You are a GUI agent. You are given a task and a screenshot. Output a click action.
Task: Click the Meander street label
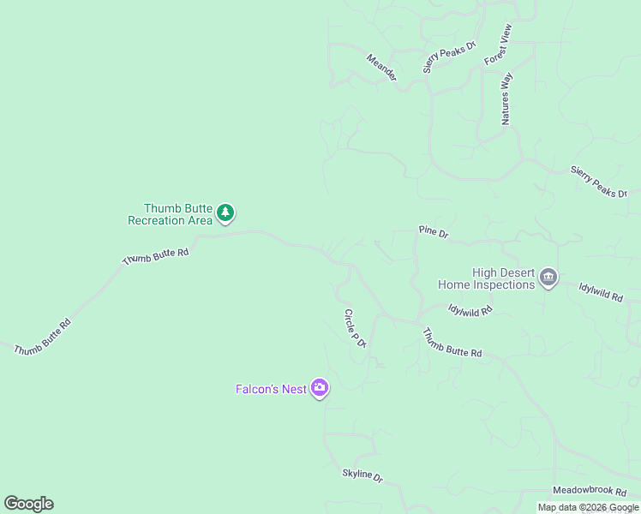click(x=382, y=69)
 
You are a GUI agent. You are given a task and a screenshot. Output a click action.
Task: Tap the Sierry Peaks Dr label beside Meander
click(x=449, y=57)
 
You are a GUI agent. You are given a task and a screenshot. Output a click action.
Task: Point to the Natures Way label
click(x=506, y=99)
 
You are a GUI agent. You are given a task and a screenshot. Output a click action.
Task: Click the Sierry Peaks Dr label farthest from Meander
click(x=599, y=182)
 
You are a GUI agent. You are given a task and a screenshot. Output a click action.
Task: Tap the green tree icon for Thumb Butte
click(x=225, y=212)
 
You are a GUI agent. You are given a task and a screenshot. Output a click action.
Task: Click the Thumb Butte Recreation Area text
click(x=170, y=214)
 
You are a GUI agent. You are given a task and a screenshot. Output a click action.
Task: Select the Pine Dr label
click(x=434, y=231)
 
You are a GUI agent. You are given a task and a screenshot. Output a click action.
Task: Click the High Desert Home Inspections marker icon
click(x=548, y=278)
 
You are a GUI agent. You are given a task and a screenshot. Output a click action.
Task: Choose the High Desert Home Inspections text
click(x=486, y=278)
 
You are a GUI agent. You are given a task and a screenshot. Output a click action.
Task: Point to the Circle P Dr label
click(x=355, y=328)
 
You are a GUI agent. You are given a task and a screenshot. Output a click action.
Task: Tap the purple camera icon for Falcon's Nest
click(x=320, y=389)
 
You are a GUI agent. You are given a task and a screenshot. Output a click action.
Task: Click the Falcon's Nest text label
click(x=271, y=389)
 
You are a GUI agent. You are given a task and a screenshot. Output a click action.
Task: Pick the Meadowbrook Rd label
click(x=590, y=490)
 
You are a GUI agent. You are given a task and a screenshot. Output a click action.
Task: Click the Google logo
click(x=28, y=504)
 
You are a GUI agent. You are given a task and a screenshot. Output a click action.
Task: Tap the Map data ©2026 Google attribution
click(x=588, y=507)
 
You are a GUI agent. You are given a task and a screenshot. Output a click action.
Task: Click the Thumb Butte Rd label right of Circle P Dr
click(x=452, y=342)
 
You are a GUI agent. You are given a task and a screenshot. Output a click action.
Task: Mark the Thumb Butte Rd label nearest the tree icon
click(x=155, y=254)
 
